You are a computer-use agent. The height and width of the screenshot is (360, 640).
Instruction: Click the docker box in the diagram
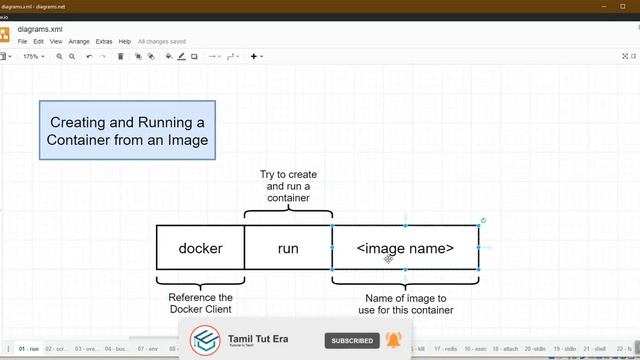200,248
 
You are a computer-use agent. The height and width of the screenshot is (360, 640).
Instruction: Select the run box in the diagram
288,248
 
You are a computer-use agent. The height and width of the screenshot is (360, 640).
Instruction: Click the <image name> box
405,248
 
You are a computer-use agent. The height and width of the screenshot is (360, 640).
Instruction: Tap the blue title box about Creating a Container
127,130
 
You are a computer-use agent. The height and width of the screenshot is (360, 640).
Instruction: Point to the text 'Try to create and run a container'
288,186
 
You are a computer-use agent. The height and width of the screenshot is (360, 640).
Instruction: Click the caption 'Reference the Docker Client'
200,303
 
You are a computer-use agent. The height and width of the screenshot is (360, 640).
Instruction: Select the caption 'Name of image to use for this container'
405,303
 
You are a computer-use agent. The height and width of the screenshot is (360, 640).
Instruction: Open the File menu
23,42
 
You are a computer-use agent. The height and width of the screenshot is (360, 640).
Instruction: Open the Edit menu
38,42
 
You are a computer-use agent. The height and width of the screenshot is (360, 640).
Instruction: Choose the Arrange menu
79,42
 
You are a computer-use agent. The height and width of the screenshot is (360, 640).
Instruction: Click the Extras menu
104,42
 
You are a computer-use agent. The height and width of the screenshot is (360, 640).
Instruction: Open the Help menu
125,42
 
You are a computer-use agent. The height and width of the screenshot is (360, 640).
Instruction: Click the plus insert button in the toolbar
255,57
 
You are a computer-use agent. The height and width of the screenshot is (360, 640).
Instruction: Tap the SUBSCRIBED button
352,341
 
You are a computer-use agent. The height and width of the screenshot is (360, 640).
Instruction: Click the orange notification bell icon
393,341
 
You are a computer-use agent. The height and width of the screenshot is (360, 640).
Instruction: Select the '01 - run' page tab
28,349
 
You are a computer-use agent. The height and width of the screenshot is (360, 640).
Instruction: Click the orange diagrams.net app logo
5,35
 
